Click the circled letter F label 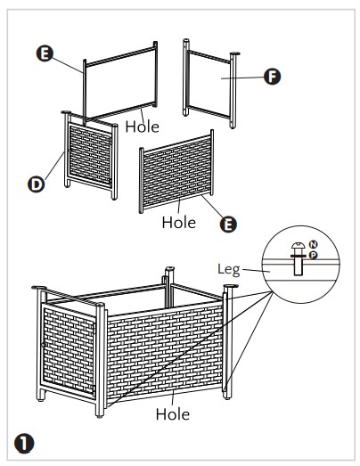(272, 77)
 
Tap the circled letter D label (36, 184)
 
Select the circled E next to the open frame (45, 53)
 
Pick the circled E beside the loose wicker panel (228, 224)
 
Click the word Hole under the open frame (142, 127)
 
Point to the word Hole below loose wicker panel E (178, 223)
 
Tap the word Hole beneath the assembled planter (172, 414)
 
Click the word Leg (229, 270)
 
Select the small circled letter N (314, 245)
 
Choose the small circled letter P (313, 255)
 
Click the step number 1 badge (24, 445)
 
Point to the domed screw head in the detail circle (299, 246)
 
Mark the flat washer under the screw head (299, 256)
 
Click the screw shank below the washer (299, 266)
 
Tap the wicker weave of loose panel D (90, 154)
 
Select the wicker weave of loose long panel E (176, 172)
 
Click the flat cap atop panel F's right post (234, 53)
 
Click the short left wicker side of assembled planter (69, 351)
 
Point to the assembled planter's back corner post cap (169, 268)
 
